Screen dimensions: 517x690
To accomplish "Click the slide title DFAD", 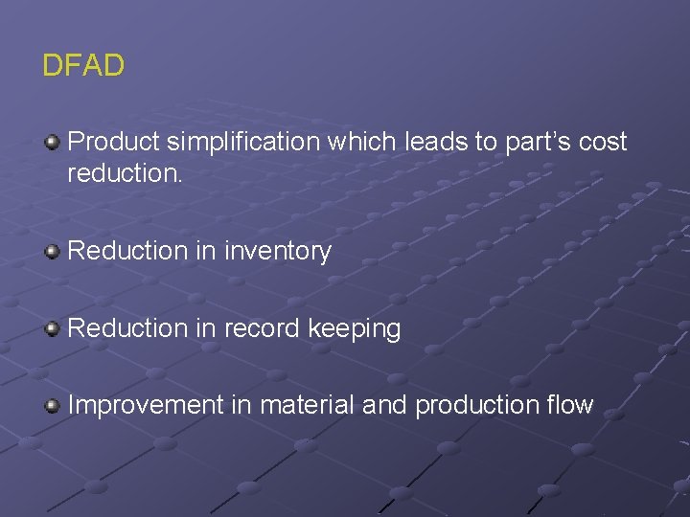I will (x=83, y=66).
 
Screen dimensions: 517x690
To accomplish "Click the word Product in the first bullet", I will (x=114, y=142).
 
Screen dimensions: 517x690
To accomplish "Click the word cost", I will (x=604, y=142).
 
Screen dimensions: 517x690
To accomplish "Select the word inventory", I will (x=277, y=252).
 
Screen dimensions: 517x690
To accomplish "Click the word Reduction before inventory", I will (x=128, y=251).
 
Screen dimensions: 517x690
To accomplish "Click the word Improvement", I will (x=146, y=405).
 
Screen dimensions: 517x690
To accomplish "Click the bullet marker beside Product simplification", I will (x=53, y=144).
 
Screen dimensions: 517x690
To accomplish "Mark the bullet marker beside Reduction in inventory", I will (x=53, y=252).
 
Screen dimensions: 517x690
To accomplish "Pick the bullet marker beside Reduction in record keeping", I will (x=53, y=329).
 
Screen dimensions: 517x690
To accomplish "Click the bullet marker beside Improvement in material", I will (x=53, y=406).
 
